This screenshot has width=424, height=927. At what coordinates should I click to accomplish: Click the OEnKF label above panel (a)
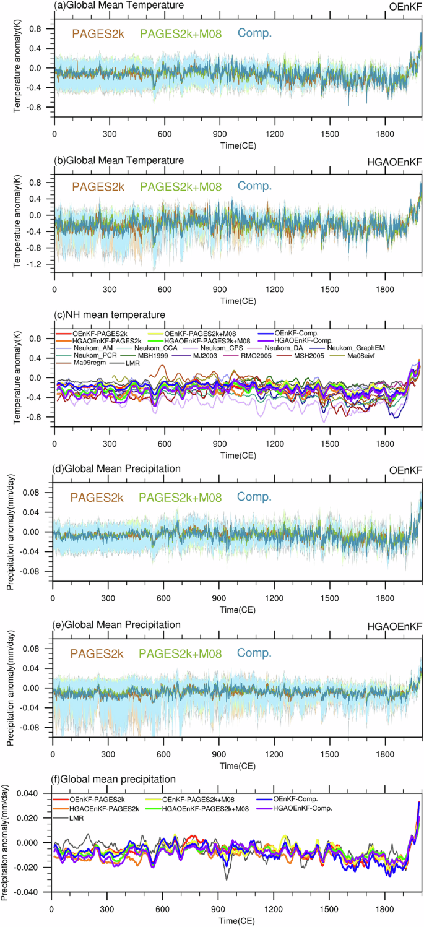(x=407, y=6)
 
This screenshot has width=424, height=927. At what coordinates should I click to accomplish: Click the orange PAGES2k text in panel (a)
(x=98, y=33)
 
